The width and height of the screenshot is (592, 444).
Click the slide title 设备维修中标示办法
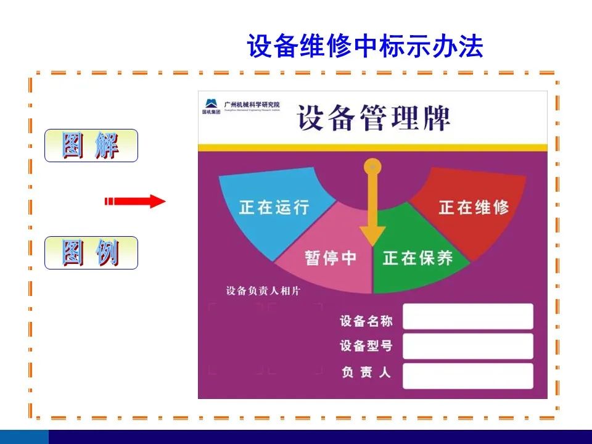(x=365, y=47)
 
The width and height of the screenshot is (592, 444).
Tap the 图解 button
(x=91, y=146)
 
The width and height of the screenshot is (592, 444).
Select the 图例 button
(x=91, y=253)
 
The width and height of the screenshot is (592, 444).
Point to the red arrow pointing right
(x=135, y=201)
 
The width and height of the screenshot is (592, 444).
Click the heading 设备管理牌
(x=374, y=118)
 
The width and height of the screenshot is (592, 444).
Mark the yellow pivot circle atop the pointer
(x=372, y=166)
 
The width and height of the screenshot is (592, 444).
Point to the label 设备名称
(x=366, y=321)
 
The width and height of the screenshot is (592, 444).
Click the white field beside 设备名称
(x=467, y=316)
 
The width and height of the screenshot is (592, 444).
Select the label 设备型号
(x=366, y=346)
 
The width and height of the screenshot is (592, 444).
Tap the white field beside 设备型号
(x=467, y=346)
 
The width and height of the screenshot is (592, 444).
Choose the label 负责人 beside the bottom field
(x=366, y=372)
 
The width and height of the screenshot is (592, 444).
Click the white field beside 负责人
(x=467, y=376)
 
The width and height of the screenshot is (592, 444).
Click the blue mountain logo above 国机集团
(x=211, y=103)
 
